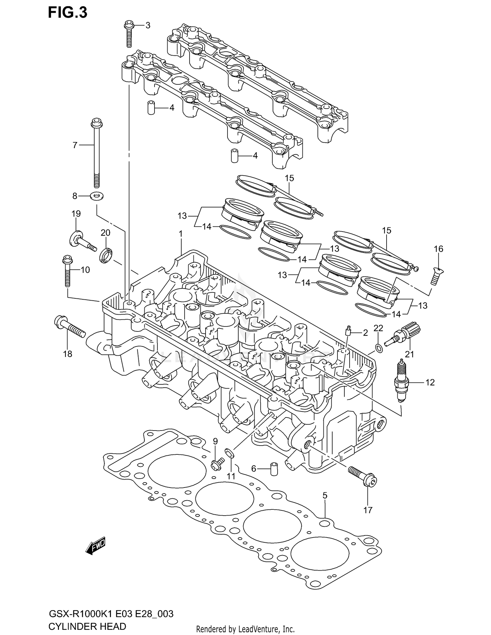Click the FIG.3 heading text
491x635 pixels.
(x=68, y=12)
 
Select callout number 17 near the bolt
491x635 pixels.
(x=368, y=510)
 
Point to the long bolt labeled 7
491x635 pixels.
(x=96, y=154)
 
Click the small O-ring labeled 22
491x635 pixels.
(x=378, y=348)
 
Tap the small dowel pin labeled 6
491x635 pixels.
(x=273, y=469)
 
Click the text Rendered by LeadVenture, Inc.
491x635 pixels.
(x=245, y=629)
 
